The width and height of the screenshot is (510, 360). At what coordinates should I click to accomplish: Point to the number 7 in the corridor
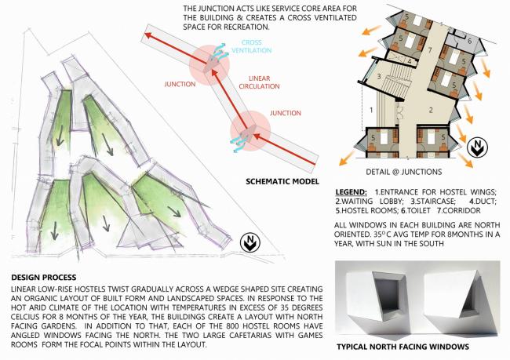click(x=429, y=49)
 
